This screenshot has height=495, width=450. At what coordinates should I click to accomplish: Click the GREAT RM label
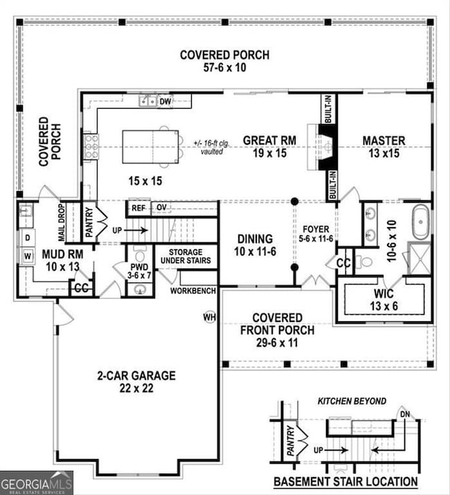269,141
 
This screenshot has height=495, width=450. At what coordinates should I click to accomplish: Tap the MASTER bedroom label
384,141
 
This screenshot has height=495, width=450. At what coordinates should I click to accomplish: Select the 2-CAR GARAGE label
136,376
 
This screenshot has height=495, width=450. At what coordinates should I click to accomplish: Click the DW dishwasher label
165,102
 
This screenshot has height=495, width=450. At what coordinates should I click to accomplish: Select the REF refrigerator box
138,207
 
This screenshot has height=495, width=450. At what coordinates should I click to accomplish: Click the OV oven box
161,207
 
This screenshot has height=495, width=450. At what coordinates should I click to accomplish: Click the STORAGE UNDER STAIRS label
185,257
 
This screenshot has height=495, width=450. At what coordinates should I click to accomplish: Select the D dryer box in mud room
28,237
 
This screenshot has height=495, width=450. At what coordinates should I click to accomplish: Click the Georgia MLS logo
36,483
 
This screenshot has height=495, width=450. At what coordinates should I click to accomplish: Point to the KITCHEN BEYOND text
352,401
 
